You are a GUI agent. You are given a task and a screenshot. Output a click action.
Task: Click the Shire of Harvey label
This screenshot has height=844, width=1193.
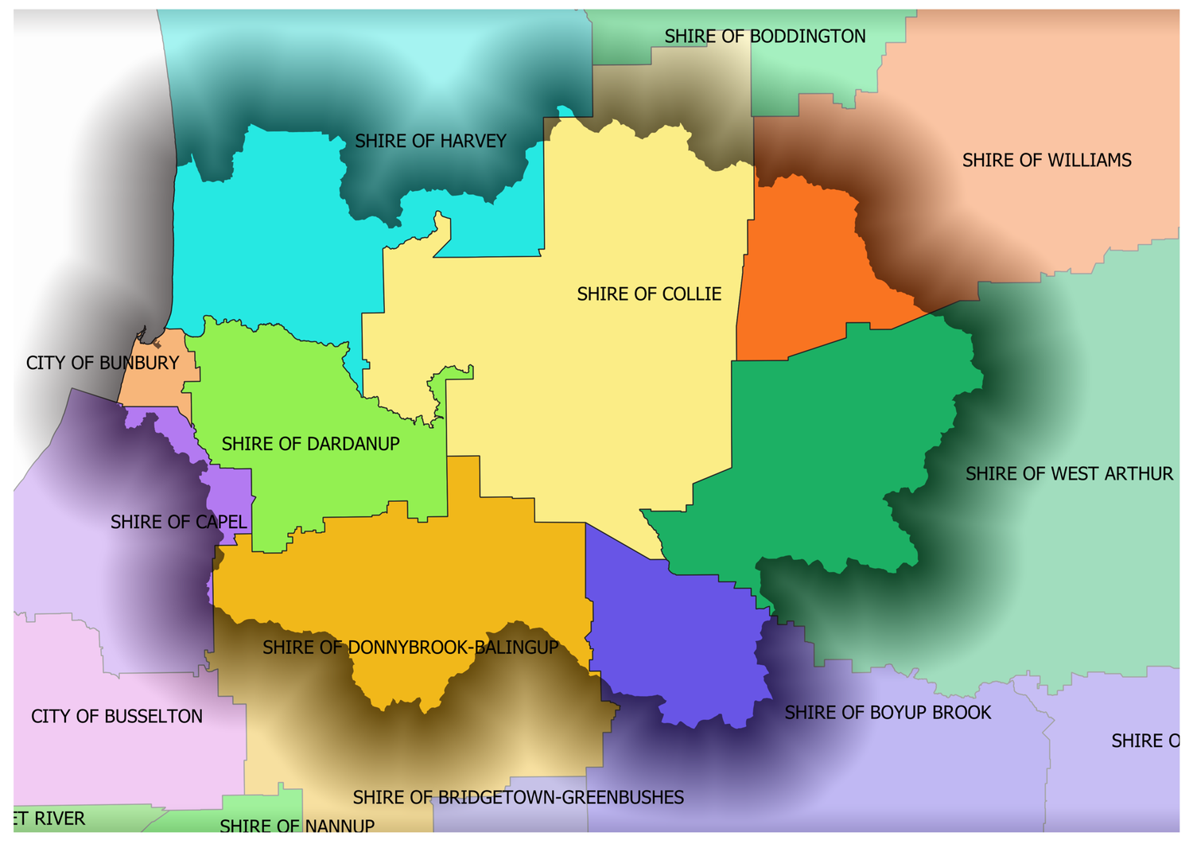point(430,142)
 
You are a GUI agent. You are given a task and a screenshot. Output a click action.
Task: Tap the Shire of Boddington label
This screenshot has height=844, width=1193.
point(764,37)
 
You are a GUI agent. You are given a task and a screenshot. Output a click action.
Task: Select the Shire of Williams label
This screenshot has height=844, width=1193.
point(1046,161)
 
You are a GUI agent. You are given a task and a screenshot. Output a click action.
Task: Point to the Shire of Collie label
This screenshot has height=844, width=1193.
point(649,294)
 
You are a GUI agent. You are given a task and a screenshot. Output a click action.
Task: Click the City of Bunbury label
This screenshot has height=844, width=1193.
point(103,364)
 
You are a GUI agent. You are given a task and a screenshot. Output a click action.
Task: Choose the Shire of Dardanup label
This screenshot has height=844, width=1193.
point(310,444)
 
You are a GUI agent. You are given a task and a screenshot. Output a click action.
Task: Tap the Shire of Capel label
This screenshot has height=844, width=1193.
point(178,523)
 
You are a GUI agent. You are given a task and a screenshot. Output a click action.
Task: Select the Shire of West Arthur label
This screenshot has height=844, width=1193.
point(1068,474)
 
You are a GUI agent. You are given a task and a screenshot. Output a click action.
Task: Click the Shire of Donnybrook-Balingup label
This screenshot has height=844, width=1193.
point(410,648)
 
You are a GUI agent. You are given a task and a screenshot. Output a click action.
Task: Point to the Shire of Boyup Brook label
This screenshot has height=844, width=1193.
point(888,713)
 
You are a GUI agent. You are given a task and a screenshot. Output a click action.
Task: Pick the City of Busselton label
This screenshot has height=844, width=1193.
point(117,717)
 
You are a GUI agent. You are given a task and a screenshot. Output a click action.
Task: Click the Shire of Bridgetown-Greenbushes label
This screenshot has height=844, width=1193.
point(518,798)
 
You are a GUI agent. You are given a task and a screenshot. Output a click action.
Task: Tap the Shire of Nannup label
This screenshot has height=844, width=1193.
point(297,826)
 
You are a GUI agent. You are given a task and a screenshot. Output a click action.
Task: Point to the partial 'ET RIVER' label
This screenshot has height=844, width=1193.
point(49,819)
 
